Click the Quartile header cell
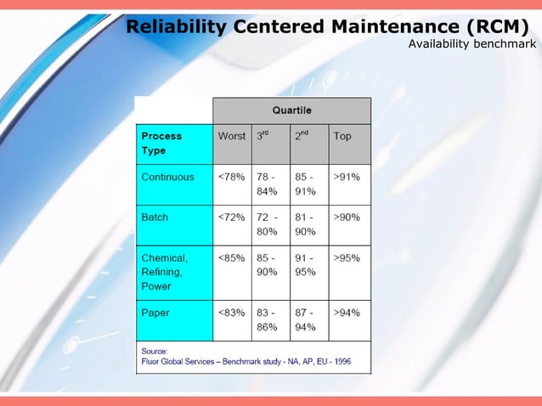pyautogui.click(x=291, y=110)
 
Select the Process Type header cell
pyautogui.click(x=173, y=143)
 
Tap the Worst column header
pyautogui.click(x=232, y=136)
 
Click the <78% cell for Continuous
pyautogui.click(x=232, y=178)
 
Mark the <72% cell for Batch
pyautogui.click(x=232, y=217)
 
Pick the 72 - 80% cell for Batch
pyautogui.click(x=272, y=224)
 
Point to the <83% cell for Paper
pyautogui.click(x=232, y=313)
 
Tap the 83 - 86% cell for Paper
pyautogui.click(x=272, y=319)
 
